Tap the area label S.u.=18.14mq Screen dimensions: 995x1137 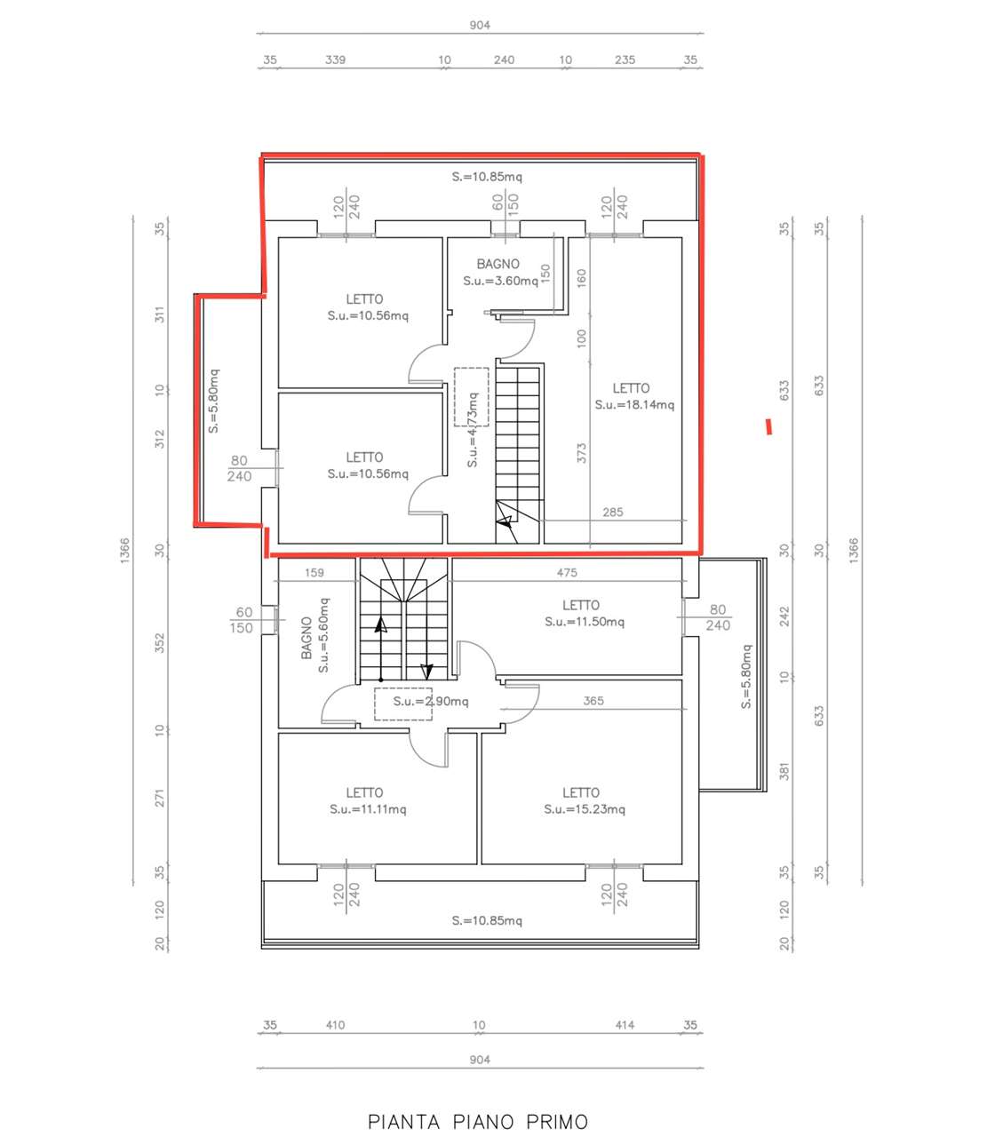point(634,405)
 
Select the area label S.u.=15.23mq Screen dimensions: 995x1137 point(585,810)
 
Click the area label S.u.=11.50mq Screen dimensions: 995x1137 point(585,622)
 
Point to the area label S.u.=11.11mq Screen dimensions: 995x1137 point(368,810)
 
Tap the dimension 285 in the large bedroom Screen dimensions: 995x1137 point(613,513)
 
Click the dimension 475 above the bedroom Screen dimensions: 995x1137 point(567,573)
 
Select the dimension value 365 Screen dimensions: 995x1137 point(593,702)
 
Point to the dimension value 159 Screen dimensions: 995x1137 point(314,573)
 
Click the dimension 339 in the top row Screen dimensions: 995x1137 point(335,60)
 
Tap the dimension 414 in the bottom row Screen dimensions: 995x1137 point(625,1025)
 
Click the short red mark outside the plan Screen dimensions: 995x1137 point(768,426)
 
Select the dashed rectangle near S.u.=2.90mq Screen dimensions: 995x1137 point(403,704)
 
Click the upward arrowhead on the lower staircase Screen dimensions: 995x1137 point(381,624)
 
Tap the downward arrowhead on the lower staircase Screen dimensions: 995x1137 point(426,672)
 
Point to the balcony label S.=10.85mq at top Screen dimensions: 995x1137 point(487,178)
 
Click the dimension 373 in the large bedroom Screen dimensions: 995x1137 point(581,453)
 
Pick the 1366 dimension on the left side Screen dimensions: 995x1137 point(124,550)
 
